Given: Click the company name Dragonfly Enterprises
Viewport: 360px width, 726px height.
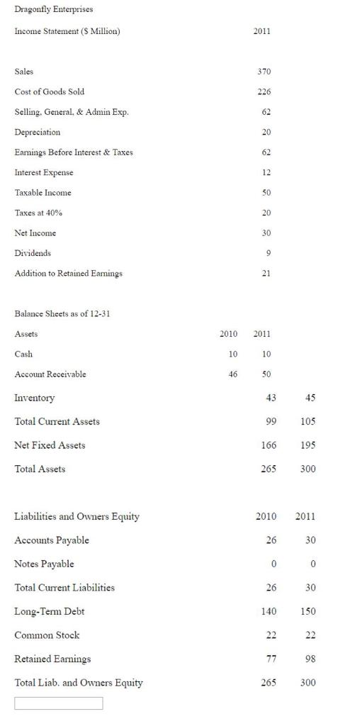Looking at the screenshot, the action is click(x=54, y=9).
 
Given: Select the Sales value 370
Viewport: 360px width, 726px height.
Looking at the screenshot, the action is click(x=264, y=72).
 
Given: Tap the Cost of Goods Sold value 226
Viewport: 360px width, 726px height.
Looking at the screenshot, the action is click(x=264, y=91).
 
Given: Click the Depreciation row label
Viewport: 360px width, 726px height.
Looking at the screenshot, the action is click(x=38, y=132).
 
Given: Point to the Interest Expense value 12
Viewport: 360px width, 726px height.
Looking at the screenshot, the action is click(x=266, y=172).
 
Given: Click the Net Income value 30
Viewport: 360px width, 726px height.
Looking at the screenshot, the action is click(x=266, y=233).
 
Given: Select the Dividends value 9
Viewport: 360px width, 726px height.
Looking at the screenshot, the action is click(x=266, y=253).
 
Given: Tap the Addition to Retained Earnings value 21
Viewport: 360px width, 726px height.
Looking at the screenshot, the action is click(x=266, y=273).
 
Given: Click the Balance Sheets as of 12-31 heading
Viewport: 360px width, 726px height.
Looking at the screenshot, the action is click(x=62, y=314).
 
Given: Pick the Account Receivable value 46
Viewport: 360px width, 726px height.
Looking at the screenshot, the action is click(x=233, y=374).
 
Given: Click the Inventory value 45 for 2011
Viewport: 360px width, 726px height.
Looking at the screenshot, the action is click(x=310, y=398).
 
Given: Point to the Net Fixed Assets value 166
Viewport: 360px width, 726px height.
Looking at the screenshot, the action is click(x=269, y=445).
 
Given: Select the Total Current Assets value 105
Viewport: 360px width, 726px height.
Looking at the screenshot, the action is click(x=308, y=421).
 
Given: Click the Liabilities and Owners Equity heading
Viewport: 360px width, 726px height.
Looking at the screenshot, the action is click(x=77, y=516).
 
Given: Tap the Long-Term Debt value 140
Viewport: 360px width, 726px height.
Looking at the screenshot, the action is click(x=269, y=611).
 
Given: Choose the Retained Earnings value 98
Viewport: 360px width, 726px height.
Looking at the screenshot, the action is click(x=308, y=659).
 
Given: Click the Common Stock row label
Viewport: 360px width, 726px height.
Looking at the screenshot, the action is click(x=47, y=635).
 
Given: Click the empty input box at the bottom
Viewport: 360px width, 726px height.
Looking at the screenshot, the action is click(x=58, y=703).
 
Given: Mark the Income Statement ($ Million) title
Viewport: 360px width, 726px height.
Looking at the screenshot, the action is click(x=67, y=31).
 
